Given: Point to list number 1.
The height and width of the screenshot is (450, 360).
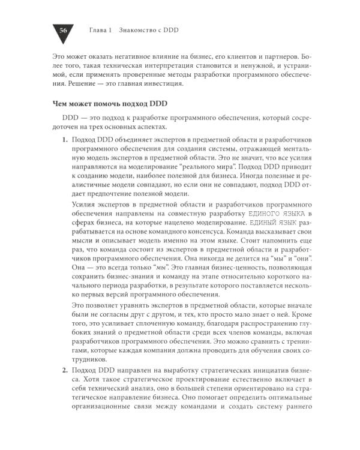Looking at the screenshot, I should point(65,139).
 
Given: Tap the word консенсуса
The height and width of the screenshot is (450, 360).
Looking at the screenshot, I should point(211,234).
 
